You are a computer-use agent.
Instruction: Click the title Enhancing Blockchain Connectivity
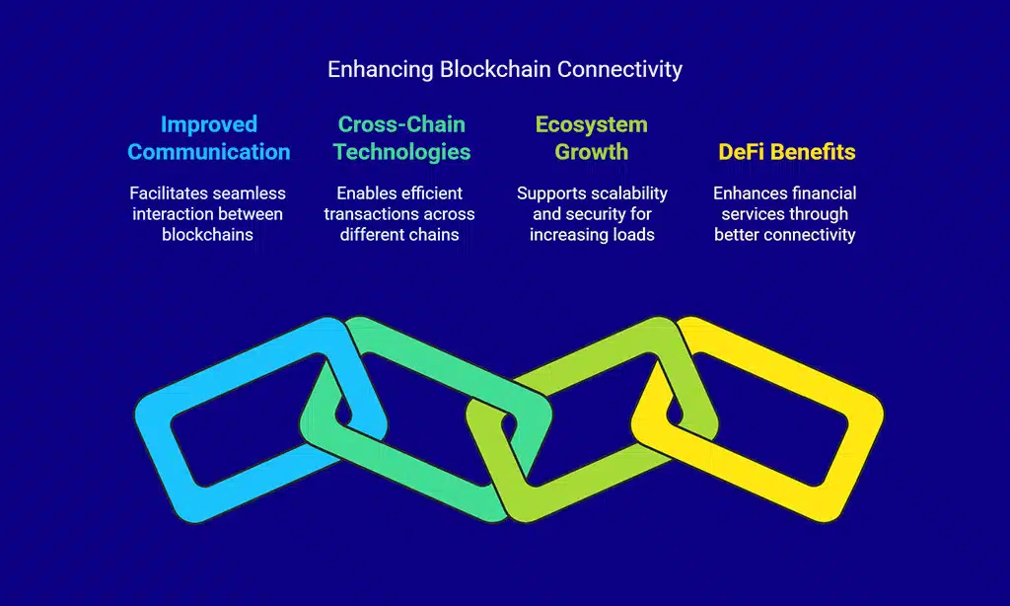[504, 69]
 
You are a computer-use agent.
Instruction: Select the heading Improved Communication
[209, 138]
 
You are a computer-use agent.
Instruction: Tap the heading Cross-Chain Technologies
[400, 138]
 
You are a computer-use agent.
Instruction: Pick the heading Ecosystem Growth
[591, 138]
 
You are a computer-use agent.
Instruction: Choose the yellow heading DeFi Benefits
[786, 152]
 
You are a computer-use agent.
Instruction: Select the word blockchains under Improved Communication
[208, 235]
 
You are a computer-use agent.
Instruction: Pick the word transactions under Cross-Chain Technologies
[370, 214]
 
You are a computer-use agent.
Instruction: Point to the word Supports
[548, 193]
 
